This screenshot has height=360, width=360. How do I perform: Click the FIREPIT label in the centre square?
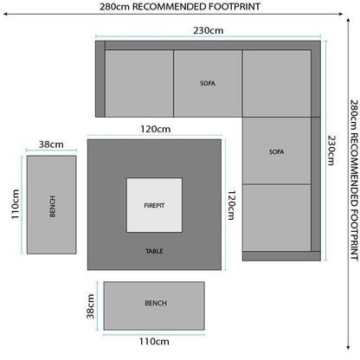tap(154, 206)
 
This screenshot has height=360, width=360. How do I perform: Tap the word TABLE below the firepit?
tap(154, 251)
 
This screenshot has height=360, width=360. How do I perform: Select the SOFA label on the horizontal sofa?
tap(208, 83)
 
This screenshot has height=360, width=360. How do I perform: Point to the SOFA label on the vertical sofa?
tap(277, 151)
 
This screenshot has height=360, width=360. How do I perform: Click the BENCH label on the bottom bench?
tap(156, 303)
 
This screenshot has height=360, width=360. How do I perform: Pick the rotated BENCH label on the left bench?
tap(52, 206)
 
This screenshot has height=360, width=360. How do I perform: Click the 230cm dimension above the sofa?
tap(209, 30)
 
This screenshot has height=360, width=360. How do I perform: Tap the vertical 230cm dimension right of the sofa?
tap(331, 151)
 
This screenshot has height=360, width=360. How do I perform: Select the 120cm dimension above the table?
tap(156, 129)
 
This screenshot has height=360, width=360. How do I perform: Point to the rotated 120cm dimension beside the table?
tap(232, 205)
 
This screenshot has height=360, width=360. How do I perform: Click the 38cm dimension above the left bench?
tap(51, 145)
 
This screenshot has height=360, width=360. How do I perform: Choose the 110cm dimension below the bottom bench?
tap(154, 342)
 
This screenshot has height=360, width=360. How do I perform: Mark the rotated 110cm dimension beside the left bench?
tap(16, 204)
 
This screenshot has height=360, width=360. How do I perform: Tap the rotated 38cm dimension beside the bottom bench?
tap(90, 306)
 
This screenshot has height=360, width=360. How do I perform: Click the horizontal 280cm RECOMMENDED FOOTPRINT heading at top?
tap(180, 7)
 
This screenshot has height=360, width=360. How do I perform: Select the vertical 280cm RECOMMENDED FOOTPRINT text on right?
tap(354, 180)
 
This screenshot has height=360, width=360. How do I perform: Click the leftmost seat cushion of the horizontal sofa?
tap(139, 83)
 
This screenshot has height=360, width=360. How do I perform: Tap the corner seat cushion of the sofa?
tap(277, 83)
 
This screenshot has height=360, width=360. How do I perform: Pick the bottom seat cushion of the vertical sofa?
tap(277, 217)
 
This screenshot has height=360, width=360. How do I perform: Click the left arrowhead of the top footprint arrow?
tap(6, 14)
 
